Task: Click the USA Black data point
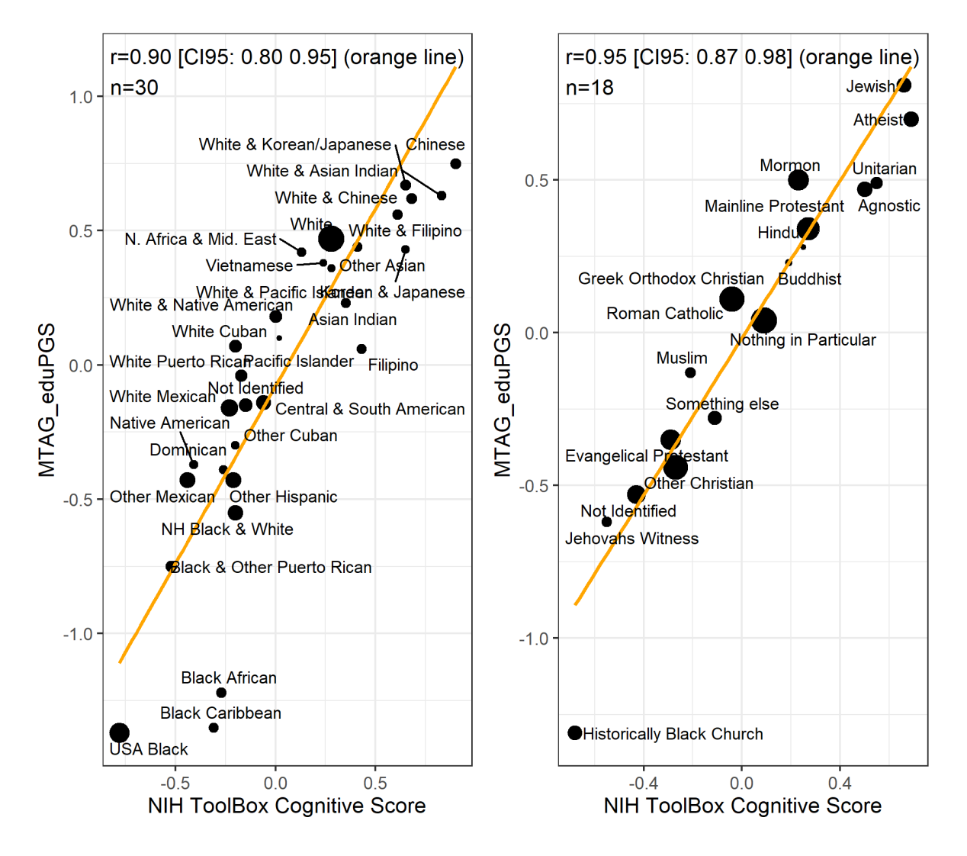[x=120, y=733]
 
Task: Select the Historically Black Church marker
[x=575, y=733]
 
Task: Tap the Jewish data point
[x=904, y=85]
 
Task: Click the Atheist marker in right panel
[x=911, y=119]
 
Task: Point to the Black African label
[x=229, y=677]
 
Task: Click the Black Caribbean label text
[x=220, y=713]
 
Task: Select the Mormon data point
[x=798, y=180]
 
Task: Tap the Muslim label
[x=682, y=358]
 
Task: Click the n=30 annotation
[x=134, y=88]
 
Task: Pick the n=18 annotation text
[x=590, y=88]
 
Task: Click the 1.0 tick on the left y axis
[x=81, y=97]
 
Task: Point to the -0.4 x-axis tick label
[x=643, y=784]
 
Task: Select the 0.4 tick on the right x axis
[x=840, y=784]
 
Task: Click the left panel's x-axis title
[x=287, y=806]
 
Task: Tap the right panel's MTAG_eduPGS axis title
[x=503, y=400]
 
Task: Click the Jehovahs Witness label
[x=631, y=539]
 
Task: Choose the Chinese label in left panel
[x=435, y=144]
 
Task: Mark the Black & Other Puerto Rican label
[x=271, y=567]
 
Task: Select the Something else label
[x=722, y=404]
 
